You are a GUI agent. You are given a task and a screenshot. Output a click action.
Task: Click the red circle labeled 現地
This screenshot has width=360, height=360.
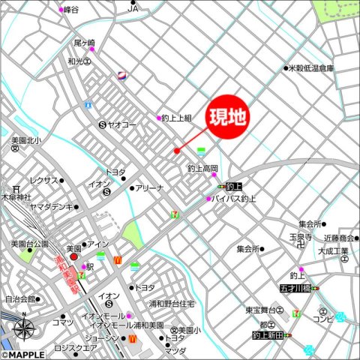pos(226,118)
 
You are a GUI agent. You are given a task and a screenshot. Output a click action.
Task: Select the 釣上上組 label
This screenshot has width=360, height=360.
pos(178,118)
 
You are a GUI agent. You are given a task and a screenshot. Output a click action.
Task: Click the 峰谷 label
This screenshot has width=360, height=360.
pos(71,9)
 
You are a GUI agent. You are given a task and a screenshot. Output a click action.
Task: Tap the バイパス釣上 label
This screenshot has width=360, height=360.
pos(235,199)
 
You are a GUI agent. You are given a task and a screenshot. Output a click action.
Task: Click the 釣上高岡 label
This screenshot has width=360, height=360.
pos(202,169)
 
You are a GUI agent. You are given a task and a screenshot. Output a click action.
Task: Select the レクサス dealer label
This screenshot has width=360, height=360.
pos(43,181)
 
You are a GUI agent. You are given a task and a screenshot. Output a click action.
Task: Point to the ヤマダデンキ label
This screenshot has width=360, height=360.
pos(52,206)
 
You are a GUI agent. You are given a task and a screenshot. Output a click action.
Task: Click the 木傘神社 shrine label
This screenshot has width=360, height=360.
pos(16,196)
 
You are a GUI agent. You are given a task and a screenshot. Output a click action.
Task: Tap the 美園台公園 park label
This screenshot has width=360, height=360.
pos(29,244)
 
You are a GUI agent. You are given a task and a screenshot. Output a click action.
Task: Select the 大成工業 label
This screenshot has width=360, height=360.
pos(334,250)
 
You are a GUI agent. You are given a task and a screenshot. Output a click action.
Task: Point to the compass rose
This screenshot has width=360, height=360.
pos(23,328)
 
